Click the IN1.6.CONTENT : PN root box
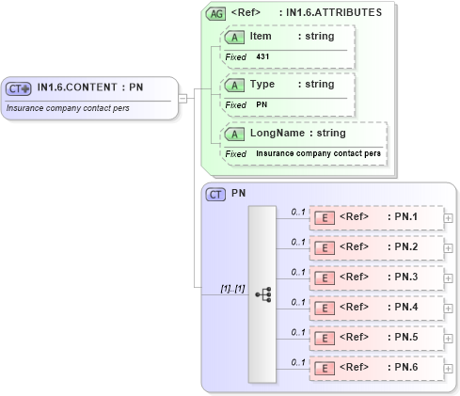[x=89, y=97]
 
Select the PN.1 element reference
[x=376, y=218]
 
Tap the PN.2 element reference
[x=376, y=248]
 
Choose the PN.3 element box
[x=376, y=278]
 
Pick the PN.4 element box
[x=376, y=308]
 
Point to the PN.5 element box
[x=376, y=338]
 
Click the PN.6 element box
[x=376, y=368]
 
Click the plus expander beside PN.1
[x=448, y=218]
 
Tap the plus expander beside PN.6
[x=448, y=368]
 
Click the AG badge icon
[x=215, y=14]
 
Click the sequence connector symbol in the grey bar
[x=262, y=293]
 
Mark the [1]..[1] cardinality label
[x=232, y=288]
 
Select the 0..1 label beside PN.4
[x=298, y=302]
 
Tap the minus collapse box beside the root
[x=183, y=97]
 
